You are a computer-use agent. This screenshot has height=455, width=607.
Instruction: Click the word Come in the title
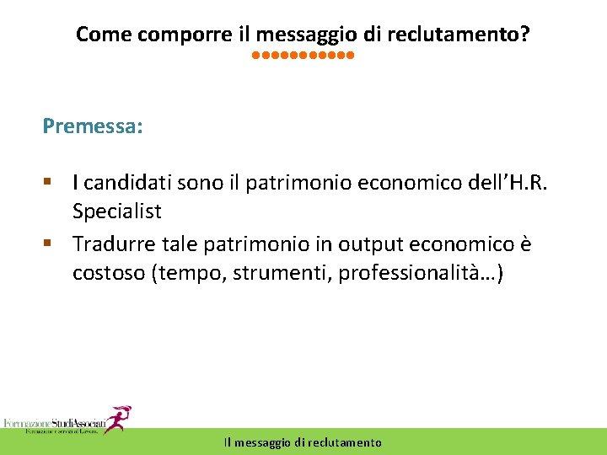[96, 35]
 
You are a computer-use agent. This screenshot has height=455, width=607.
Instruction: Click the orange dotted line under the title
[303, 57]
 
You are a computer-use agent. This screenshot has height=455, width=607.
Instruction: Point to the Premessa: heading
[93, 126]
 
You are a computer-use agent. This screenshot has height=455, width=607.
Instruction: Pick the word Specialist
[116, 211]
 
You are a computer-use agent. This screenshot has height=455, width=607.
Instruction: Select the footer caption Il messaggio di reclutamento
[303, 442]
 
